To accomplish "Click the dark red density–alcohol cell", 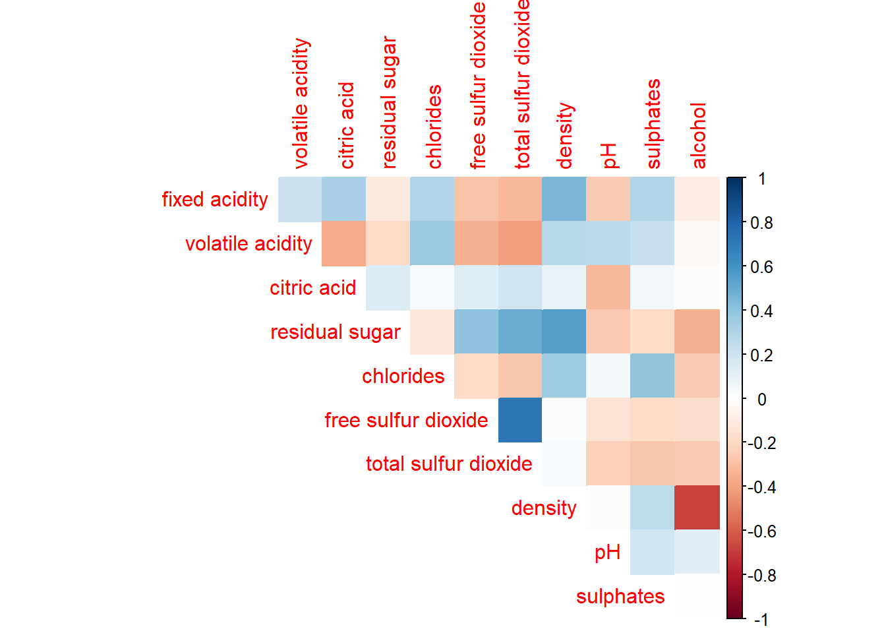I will point(697,508).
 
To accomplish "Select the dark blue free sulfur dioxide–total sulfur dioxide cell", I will point(520,420).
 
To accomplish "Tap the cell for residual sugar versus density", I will point(564,332).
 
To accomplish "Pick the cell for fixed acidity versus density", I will point(564,199).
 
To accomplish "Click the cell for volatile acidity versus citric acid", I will point(343,243).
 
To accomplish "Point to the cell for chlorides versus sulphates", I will point(653,376).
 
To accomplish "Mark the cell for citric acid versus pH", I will point(608,287).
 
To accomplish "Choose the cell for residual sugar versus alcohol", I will point(697,332).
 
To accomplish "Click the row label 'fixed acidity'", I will point(215,199).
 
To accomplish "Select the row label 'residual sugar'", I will point(335,332).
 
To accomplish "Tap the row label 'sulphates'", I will point(620,596).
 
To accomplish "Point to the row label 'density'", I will point(544,508).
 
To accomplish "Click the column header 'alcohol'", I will point(699,135).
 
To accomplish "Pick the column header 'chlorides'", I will point(434,127).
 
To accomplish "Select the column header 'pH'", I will point(610,156).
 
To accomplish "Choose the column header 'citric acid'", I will point(346,125).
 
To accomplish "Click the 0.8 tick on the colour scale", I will point(761,223).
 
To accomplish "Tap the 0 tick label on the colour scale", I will point(762,399).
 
